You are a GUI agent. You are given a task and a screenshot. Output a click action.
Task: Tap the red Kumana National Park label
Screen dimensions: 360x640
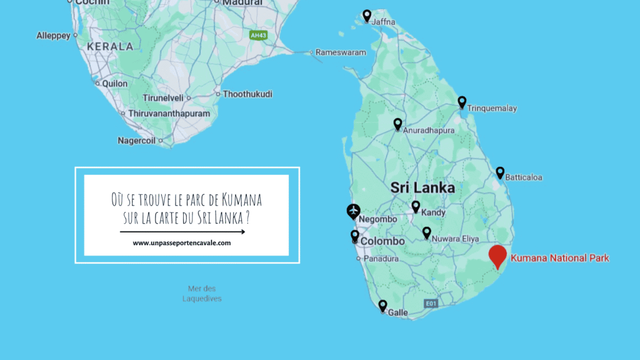[x=559, y=257]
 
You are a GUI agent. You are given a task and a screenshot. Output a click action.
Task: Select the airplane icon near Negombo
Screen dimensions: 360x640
[x=354, y=211]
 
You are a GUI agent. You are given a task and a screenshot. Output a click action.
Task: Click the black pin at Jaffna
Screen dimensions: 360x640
[x=367, y=16]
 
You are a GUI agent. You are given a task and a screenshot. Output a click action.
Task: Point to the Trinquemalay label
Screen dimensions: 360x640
[x=492, y=109]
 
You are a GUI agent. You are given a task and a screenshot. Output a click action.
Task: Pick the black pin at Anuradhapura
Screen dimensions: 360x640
[x=397, y=124]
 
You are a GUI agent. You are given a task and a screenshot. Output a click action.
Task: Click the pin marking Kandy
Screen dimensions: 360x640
[x=416, y=207]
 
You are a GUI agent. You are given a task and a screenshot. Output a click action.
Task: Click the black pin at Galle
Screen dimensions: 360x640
[x=382, y=306]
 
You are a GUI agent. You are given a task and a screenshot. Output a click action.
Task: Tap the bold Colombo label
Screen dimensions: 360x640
[x=383, y=241]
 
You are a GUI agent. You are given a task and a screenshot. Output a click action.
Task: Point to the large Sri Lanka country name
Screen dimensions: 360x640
[x=422, y=187]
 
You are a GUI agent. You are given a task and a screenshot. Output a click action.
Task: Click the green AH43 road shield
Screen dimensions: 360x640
[x=258, y=35]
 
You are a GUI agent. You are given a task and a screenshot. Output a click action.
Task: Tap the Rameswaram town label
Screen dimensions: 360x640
[x=341, y=52]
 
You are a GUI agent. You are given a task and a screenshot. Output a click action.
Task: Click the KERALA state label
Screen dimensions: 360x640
[x=110, y=46]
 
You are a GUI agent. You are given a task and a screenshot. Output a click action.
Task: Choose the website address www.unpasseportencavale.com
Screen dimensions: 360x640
[x=182, y=243]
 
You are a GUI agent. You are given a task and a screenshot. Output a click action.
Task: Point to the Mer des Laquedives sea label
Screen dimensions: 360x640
[x=202, y=293]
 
